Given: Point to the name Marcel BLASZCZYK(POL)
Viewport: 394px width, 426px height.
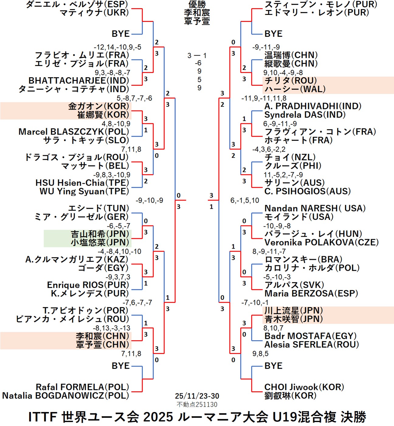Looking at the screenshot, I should coord(74,132).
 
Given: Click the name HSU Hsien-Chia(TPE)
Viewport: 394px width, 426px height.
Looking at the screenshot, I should coord(82,183).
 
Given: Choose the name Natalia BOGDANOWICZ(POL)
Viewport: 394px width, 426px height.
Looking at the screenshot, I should coord(66,396).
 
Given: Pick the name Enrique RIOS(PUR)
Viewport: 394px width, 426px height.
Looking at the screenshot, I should coord(88,285).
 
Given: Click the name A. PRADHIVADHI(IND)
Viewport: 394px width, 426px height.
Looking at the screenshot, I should coord(313,106).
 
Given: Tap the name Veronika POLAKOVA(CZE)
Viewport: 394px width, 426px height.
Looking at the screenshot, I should coord(321,243).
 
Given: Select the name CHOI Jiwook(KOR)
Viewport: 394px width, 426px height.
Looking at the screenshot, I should coord(304,387).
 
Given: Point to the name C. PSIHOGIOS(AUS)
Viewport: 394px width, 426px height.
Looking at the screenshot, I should coord(307,191).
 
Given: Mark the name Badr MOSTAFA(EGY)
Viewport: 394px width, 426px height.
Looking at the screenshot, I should coord(310,336).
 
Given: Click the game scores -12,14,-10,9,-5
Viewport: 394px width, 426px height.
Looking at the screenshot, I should coord(117,47).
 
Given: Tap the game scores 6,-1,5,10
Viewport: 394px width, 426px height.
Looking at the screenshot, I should coord(245,200).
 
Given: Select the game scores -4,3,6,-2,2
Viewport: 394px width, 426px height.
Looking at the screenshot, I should coord(269,149).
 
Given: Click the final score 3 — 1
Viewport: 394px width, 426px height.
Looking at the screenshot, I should coord(197,56).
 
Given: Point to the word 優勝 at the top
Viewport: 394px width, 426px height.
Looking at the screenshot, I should coord(197,4).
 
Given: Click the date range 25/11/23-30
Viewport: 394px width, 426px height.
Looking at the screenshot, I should coord(197,396).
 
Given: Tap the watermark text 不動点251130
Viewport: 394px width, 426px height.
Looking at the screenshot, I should coord(197,404).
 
